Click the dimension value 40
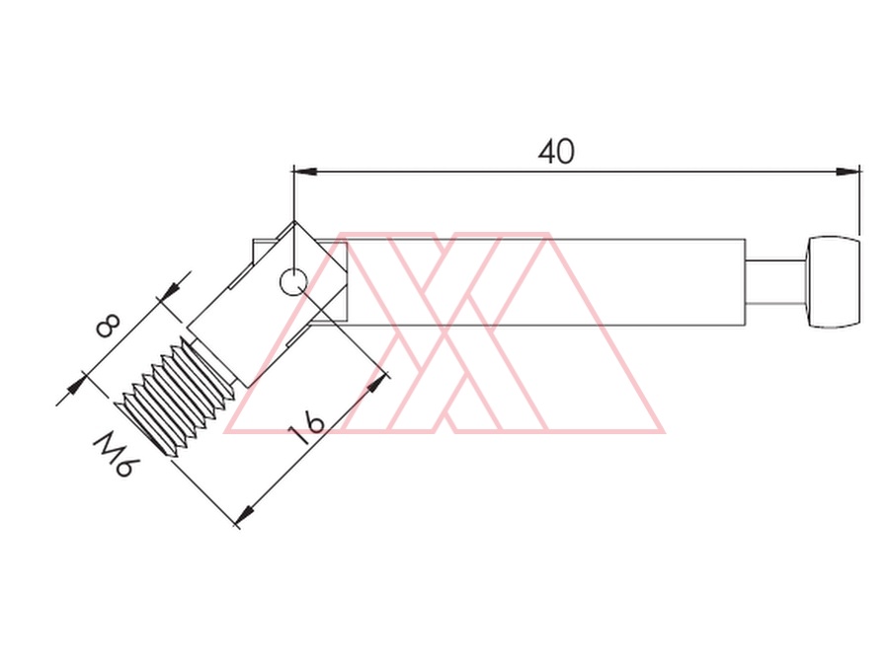[x=555, y=151]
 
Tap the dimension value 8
[x=108, y=326]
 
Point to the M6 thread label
[x=116, y=454]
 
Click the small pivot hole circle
[x=293, y=281]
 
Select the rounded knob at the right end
[x=833, y=282]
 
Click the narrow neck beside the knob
[x=775, y=282]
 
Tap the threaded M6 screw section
[x=177, y=397]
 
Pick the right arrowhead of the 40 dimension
[x=849, y=171]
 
